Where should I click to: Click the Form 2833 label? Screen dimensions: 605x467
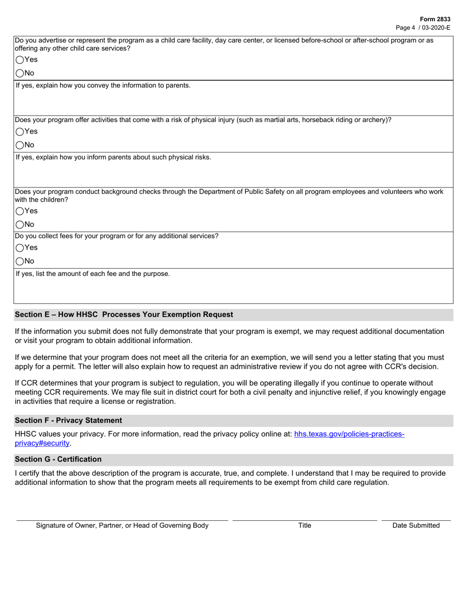435,19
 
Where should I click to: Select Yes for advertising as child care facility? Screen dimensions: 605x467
20,60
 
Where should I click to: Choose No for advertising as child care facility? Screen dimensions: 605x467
20,73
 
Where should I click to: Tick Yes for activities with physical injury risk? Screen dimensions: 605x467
20,131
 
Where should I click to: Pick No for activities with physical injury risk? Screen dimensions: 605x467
20,145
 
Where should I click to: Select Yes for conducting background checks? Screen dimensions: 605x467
20,211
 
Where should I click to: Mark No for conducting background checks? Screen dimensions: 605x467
20,225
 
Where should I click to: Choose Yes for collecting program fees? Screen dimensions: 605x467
20,247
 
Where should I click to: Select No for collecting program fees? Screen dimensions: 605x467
20,261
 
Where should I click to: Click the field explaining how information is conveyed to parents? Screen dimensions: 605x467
233,102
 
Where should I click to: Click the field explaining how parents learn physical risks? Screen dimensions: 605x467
233,174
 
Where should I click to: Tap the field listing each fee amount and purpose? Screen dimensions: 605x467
233,291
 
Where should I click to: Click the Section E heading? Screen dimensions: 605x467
124,314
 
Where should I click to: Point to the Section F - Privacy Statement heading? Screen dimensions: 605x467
68,420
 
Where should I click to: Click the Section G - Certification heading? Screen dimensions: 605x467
58,459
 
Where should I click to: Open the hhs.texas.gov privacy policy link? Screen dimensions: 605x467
349,434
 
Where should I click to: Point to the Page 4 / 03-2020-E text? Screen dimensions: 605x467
423,28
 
